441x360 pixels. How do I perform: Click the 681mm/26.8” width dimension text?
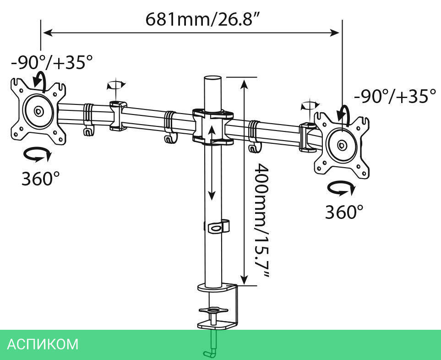pyautogui.click(x=202, y=19)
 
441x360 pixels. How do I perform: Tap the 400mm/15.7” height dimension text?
pyautogui.click(x=261, y=221)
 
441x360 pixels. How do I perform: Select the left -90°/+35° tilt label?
pyautogui.click(x=52, y=62)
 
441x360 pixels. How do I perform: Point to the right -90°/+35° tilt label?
pyautogui.click(x=395, y=96)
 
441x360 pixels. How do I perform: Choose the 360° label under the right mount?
pyautogui.click(x=344, y=212)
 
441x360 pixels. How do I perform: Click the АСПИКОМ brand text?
pyautogui.click(x=43, y=344)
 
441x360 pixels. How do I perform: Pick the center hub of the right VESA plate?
pyautogui.click(x=342, y=145)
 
